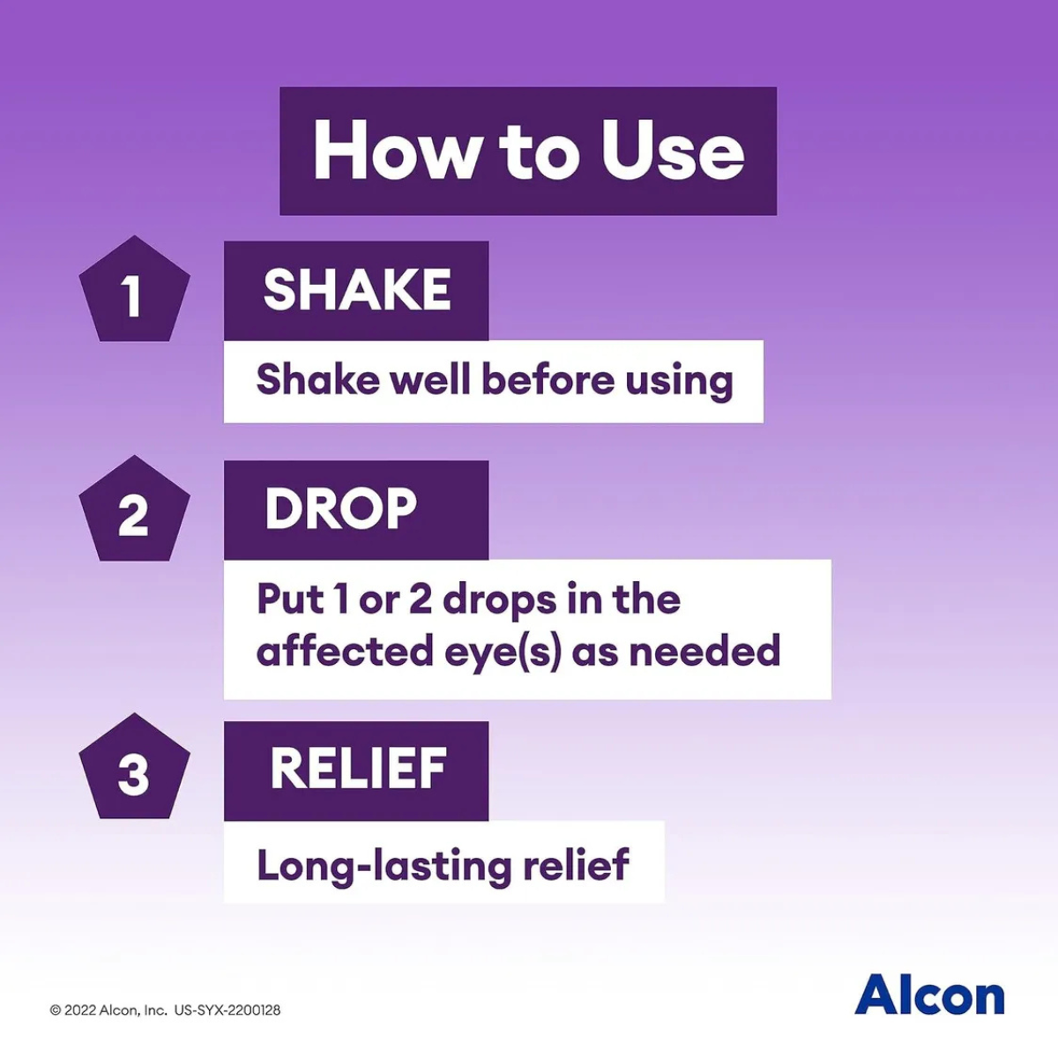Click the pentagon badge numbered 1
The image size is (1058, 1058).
135,289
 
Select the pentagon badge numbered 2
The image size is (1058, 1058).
135,509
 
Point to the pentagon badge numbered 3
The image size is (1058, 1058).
135,766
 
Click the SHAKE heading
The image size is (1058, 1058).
357,290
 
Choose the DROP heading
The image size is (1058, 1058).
340,509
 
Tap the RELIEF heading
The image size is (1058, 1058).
358,768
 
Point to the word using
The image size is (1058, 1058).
679,383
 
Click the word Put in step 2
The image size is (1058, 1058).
290,599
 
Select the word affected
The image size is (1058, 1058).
345,651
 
